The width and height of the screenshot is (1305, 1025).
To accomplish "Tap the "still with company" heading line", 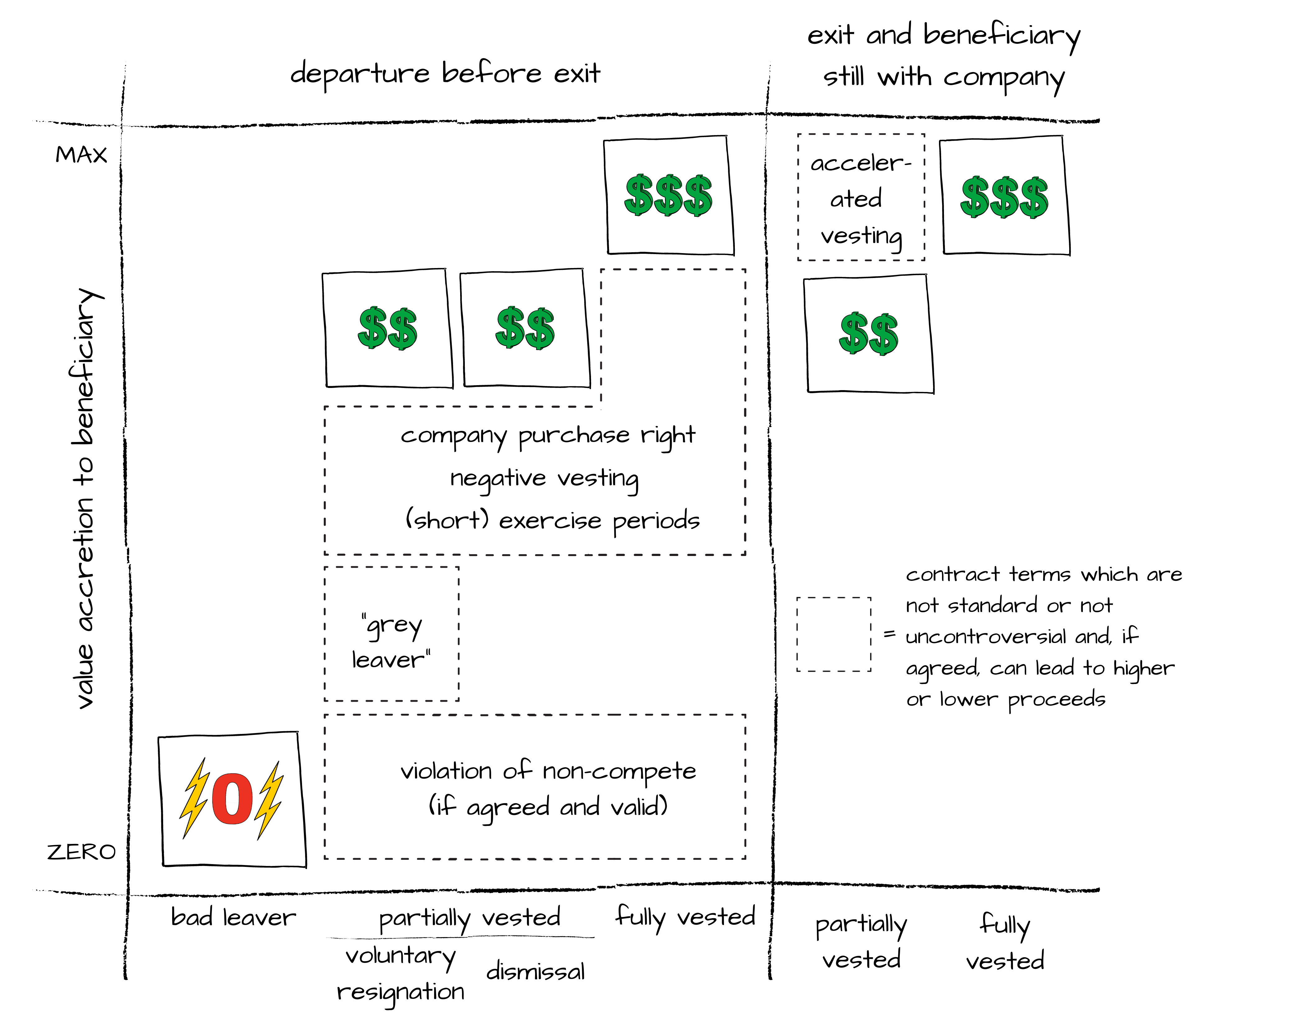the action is click(943, 78).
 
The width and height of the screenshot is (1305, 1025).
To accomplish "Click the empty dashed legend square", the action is click(833, 634).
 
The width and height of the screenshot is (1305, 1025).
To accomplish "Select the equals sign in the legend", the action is click(890, 634).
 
